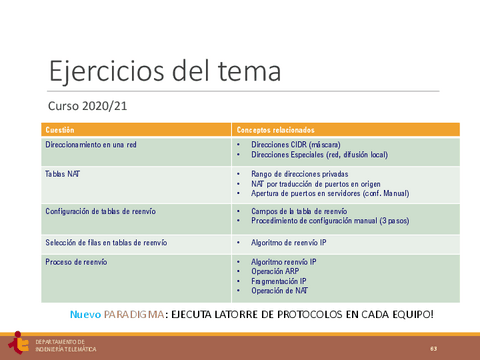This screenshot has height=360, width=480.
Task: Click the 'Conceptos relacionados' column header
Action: [x=274, y=130]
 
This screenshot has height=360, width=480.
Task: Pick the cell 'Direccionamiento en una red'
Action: [x=89, y=145]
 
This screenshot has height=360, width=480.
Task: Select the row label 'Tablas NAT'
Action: [x=63, y=173]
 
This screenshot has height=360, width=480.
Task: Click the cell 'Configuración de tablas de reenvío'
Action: [x=100, y=211]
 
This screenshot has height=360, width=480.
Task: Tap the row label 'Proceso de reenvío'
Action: [x=76, y=262]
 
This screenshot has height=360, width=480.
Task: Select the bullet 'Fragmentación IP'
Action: [x=282, y=281]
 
